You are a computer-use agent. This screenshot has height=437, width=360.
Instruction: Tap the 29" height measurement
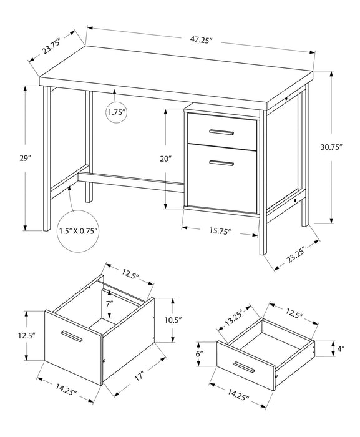click(25, 159)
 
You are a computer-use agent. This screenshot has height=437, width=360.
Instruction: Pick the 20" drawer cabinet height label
click(165, 159)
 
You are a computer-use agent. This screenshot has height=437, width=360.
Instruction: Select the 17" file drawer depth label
click(137, 376)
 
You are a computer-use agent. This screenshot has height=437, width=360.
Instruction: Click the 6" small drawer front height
click(198, 353)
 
